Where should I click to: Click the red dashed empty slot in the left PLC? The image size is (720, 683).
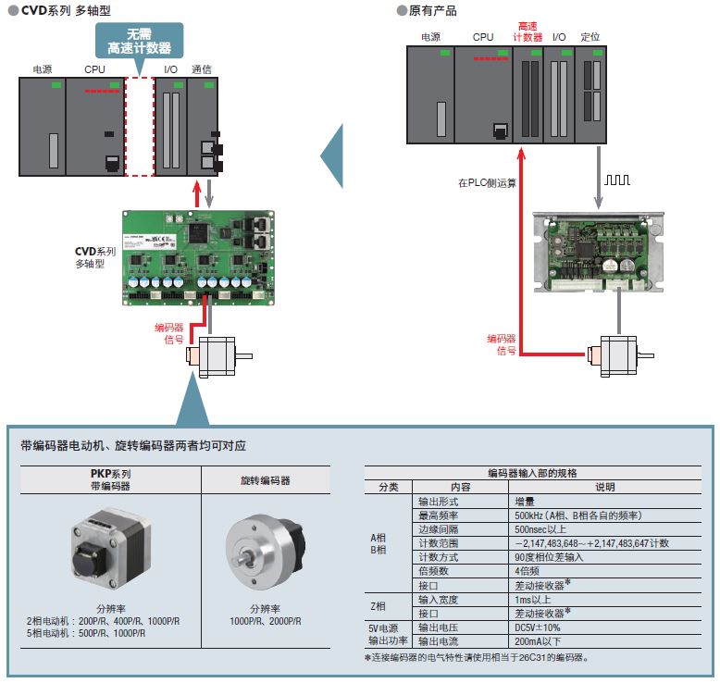[x=139, y=127]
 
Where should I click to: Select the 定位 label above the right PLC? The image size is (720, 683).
[x=590, y=37]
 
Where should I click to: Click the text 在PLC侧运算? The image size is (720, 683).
[x=487, y=182]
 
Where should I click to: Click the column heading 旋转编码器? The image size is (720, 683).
[x=266, y=481]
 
